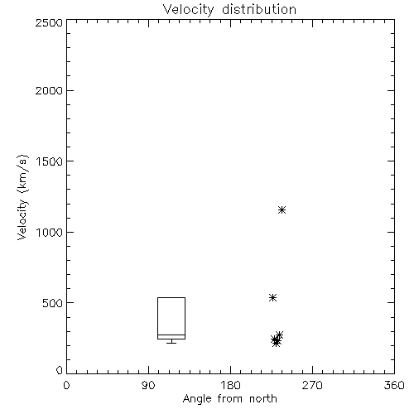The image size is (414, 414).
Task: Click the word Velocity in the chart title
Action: point(188,10)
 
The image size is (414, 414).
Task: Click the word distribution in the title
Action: point(259,9)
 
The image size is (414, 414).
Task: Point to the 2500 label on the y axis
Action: point(49,22)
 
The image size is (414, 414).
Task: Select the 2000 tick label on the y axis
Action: point(49,91)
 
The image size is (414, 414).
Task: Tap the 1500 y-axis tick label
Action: point(50,161)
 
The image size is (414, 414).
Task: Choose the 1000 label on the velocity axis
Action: point(50,233)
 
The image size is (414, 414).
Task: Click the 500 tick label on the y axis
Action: point(53,303)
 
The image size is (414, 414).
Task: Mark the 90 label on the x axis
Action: point(148,385)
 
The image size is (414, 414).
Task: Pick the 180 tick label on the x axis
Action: point(230,385)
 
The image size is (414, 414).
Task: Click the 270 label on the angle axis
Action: point(312,385)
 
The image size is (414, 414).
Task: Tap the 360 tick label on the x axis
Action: point(394,385)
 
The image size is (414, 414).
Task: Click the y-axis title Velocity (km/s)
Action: point(22,197)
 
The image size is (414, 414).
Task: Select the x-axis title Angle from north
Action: point(229,399)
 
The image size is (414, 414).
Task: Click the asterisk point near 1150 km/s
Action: point(282,210)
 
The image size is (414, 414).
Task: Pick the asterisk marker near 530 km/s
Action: point(272,297)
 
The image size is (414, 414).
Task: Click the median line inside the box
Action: point(171,335)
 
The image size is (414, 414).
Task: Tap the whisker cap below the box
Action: point(171,343)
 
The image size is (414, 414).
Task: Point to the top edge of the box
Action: point(171,297)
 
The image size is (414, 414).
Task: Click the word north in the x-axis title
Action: point(263,399)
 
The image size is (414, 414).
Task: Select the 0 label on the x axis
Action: point(66,385)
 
